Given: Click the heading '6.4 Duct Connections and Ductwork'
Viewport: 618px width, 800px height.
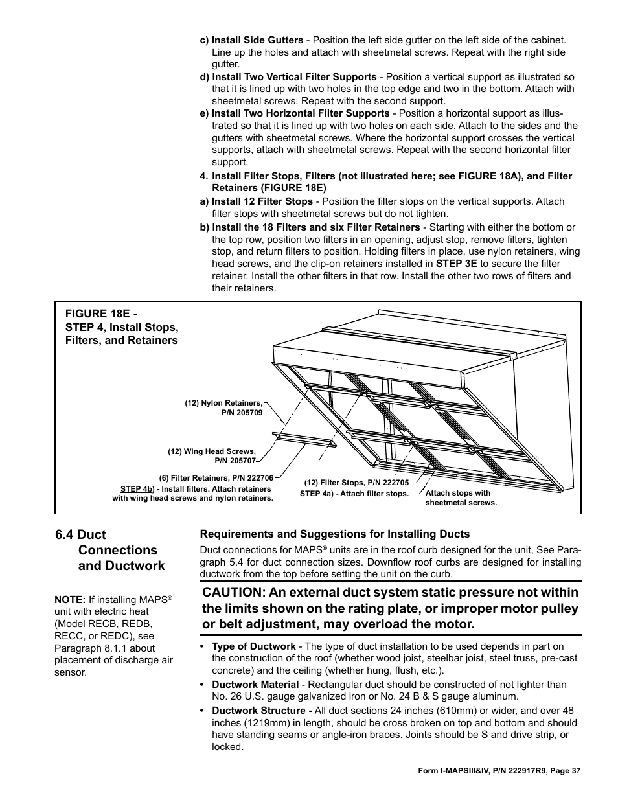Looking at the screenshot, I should coord(110,550).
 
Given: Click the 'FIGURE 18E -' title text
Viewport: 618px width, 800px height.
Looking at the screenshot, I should coord(102,313).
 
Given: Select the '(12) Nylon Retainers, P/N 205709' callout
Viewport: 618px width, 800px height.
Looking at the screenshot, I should coord(223,407).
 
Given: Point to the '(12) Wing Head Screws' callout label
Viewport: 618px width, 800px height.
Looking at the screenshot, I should coord(212,451).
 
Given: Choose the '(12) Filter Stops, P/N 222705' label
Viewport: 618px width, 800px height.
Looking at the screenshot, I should coord(356,483).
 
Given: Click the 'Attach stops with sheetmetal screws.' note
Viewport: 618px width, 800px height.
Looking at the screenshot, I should coord(461,497).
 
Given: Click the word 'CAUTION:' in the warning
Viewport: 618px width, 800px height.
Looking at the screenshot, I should coord(239,592).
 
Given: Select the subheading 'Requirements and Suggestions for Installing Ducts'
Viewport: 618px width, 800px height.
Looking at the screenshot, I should coord(334,534).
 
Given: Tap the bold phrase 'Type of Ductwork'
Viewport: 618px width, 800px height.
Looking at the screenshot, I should coord(254,646).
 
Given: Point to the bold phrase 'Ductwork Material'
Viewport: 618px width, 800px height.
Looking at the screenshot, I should coord(255,684).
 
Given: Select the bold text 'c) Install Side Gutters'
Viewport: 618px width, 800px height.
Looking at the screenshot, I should coord(251,40).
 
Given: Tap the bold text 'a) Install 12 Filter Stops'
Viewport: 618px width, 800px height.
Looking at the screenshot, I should coord(256,201).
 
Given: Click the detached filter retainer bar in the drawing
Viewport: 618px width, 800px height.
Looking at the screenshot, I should coord(304,440).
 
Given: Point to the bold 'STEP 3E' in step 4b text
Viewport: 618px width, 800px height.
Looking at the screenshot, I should coord(456,264).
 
